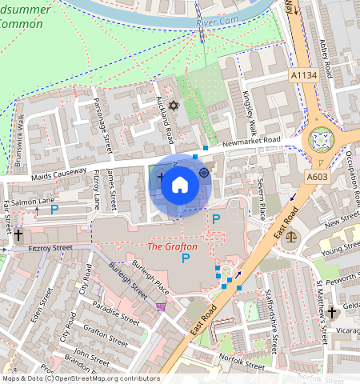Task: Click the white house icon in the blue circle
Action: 180,186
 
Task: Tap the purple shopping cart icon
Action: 162,306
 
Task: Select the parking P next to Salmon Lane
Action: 54,210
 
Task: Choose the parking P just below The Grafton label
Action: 186,258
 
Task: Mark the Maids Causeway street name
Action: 60,170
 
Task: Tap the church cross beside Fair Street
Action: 18,235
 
